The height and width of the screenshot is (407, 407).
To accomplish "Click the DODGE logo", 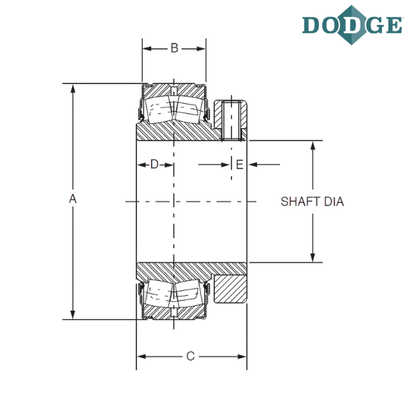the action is point(352,25).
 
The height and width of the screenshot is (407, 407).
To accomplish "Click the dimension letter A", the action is point(73,199).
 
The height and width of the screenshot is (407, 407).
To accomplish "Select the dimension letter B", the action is point(174,48).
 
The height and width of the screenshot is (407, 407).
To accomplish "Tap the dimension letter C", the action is point(190,356).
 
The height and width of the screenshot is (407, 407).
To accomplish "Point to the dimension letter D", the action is point(155,164).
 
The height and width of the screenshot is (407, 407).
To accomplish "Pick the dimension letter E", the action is point(239,165).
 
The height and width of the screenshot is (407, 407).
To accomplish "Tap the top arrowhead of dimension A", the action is point(73,89).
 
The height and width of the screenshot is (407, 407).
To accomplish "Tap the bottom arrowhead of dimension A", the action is point(73,314).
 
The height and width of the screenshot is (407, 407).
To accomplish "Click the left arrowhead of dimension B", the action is point(147,49).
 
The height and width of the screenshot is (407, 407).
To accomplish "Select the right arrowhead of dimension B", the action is point(201,49).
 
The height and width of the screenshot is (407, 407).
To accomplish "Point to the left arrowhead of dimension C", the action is point(142,357).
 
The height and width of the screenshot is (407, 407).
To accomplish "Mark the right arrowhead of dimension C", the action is point(241,357).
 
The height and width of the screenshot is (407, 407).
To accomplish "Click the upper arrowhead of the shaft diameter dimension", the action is point(313,146).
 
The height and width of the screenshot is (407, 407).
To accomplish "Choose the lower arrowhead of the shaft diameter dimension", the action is point(313,258).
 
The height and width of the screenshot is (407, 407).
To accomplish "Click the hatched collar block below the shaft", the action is point(230,289).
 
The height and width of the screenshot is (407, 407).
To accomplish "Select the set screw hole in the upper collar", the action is point(231,121).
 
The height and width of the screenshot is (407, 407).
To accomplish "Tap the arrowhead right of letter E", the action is point(253,165).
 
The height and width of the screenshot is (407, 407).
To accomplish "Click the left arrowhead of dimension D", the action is point(142,165).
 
